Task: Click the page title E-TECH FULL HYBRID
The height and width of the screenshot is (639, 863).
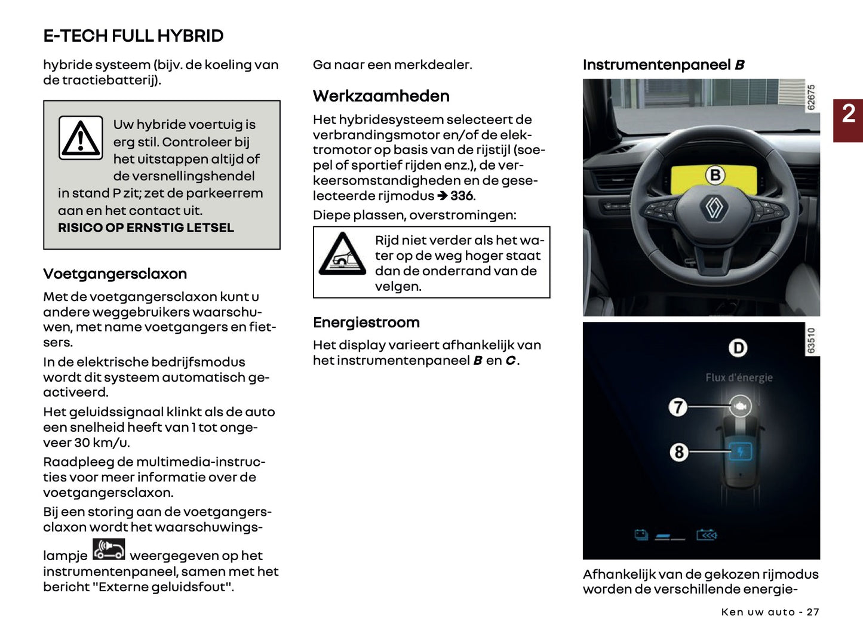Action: pos(133,36)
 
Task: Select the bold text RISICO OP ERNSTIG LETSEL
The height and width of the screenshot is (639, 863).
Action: pos(146,228)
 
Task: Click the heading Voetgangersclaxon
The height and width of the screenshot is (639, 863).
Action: pos(115,274)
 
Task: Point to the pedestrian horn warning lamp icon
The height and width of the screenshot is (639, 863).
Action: pos(109,549)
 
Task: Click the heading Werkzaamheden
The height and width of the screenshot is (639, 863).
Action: pos(381,96)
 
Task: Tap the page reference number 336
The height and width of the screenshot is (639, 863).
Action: pos(462,196)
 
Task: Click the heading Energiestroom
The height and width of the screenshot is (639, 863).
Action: pos(366,322)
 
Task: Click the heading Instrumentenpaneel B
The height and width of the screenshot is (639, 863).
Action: pos(663,65)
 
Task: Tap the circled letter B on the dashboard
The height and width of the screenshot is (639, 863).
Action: pos(715,175)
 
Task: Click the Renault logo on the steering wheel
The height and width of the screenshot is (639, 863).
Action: pos(715,208)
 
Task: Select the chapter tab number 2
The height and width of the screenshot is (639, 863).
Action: pos(848,114)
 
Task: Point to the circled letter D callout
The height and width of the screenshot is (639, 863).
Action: pos(738,348)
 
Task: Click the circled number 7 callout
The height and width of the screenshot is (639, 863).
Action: pos(678,407)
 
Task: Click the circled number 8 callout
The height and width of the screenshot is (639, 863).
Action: pos(678,452)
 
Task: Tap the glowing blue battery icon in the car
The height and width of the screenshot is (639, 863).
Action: pos(741,452)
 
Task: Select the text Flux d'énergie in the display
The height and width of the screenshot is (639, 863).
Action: pos(739,377)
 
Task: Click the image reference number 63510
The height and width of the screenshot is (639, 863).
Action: pos(811,340)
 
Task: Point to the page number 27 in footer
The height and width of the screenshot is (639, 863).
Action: pos(812,612)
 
